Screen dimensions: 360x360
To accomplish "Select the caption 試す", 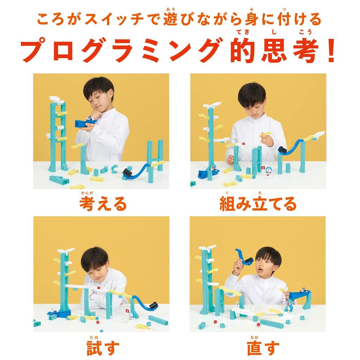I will pos(103,347).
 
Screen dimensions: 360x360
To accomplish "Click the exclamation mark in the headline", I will pos(330,52).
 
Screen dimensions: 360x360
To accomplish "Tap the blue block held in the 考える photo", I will pos(85,123).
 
